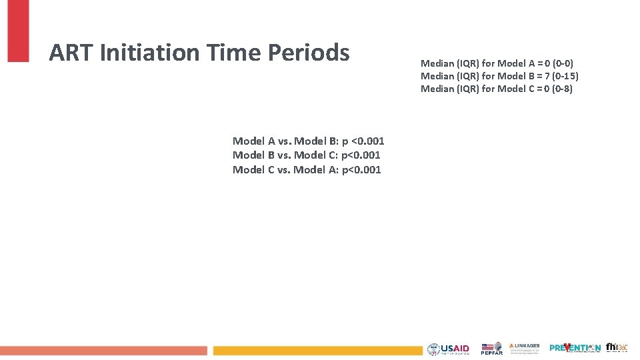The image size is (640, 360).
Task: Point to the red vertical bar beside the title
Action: coord(18,30)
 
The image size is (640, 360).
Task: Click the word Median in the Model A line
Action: coord(437,63)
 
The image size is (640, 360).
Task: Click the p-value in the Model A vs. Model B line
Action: coord(363,141)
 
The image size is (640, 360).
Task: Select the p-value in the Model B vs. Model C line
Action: coord(361,155)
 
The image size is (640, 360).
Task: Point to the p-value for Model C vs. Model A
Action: coord(361,170)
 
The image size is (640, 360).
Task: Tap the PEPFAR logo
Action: coord(492,349)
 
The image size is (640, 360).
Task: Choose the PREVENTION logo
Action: coord(575,348)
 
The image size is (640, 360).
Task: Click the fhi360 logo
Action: coord(616,348)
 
